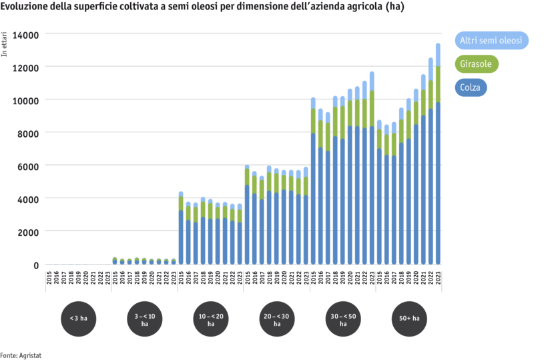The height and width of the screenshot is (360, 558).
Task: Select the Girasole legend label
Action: tap(476, 64)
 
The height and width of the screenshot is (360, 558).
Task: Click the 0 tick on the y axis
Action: tap(36, 265)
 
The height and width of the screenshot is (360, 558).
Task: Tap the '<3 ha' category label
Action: tap(78, 319)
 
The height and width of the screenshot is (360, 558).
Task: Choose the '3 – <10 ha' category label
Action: tap(144, 319)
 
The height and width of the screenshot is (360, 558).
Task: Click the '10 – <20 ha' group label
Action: tap(210, 319)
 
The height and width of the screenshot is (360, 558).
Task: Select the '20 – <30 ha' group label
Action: tap(276, 319)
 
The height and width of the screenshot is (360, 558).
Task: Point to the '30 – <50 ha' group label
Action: tap(343, 319)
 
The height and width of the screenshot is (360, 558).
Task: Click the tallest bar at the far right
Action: tap(438, 154)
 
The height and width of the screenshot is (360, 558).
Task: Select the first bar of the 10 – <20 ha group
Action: tap(181, 227)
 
